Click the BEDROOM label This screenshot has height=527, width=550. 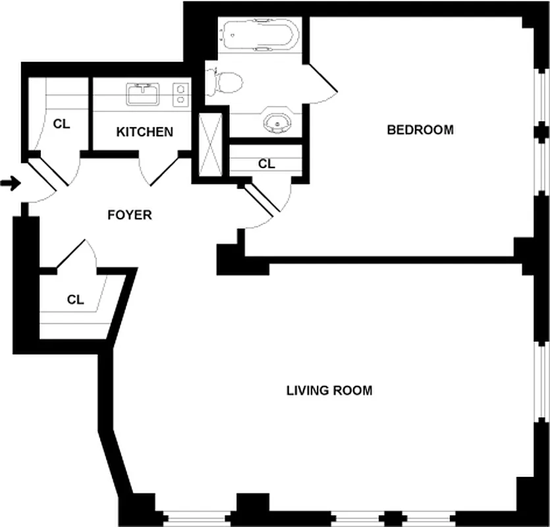420,130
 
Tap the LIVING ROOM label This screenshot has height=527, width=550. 329,391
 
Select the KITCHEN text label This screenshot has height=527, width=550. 144,132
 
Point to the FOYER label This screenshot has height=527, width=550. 130,215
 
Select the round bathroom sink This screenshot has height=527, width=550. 277,123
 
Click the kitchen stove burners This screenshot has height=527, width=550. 180,94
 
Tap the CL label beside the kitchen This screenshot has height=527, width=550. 61,123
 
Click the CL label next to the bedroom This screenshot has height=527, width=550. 266,163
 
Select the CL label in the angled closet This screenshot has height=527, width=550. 76,300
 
